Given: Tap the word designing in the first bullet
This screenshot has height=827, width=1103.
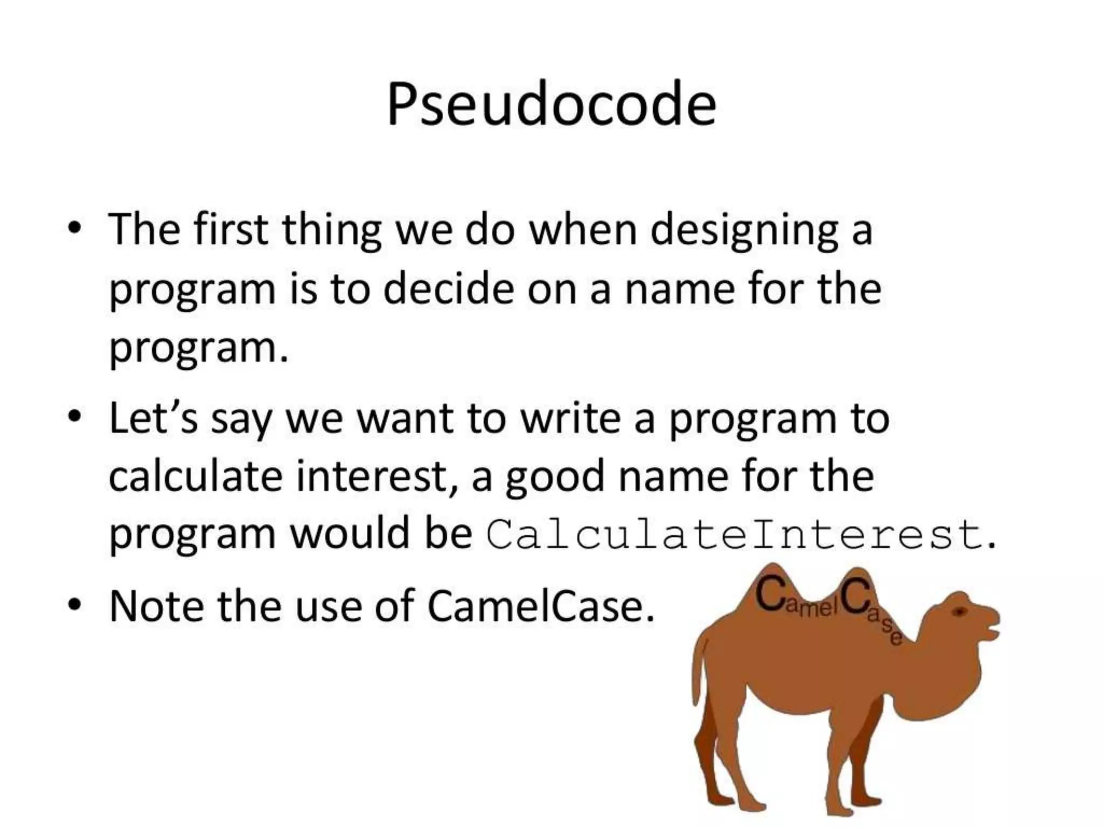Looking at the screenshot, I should click(x=743, y=230).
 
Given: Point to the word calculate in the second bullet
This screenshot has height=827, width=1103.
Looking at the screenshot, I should click(x=195, y=476).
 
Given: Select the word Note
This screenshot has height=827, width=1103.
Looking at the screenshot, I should click(x=157, y=606).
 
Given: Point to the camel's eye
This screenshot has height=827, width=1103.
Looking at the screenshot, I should click(x=959, y=612).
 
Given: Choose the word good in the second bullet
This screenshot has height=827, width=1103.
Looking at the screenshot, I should click(x=554, y=477).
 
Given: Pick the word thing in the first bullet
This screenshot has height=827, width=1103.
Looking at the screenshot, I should click(x=331, y=230).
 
